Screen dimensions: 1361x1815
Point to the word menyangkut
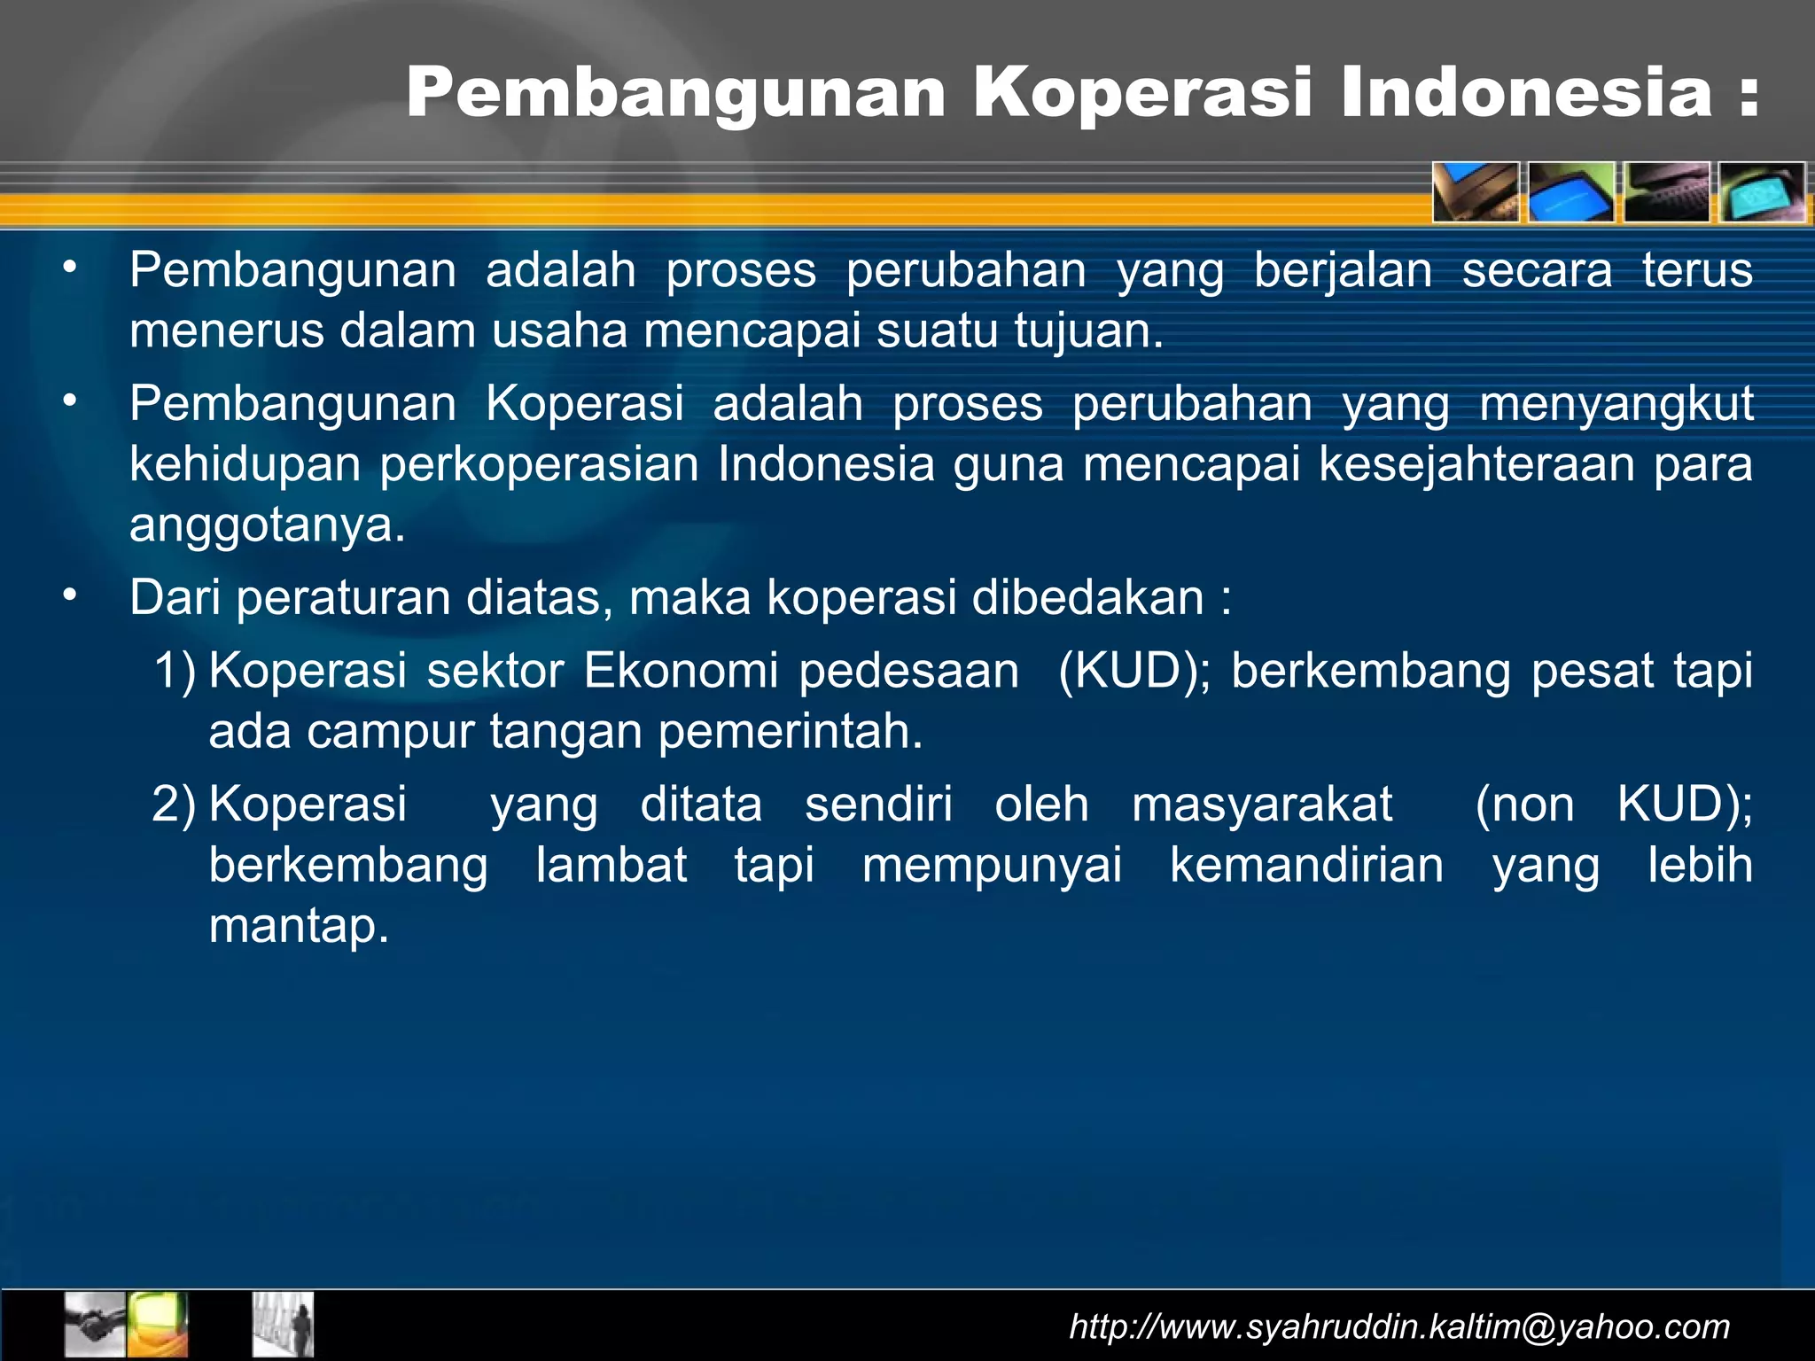click(1616, 404)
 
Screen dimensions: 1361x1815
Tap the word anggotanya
click(267, 525)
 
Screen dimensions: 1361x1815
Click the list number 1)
click(175, 671)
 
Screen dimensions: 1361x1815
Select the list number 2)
click(174, 805)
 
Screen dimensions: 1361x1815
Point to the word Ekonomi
click(681, 671)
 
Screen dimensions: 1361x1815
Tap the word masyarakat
click(1262, 805)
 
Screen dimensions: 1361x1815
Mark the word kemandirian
click(1306, 865)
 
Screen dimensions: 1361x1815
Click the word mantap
click(299, 926)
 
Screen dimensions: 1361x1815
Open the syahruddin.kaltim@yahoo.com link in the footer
click(1399, 1326)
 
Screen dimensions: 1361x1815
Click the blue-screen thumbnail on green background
click(1571, 192)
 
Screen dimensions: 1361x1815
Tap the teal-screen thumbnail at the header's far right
click(1762, 192)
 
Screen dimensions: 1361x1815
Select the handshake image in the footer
click(96, 1325)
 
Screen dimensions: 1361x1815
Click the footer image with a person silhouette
click(283, 1325)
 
